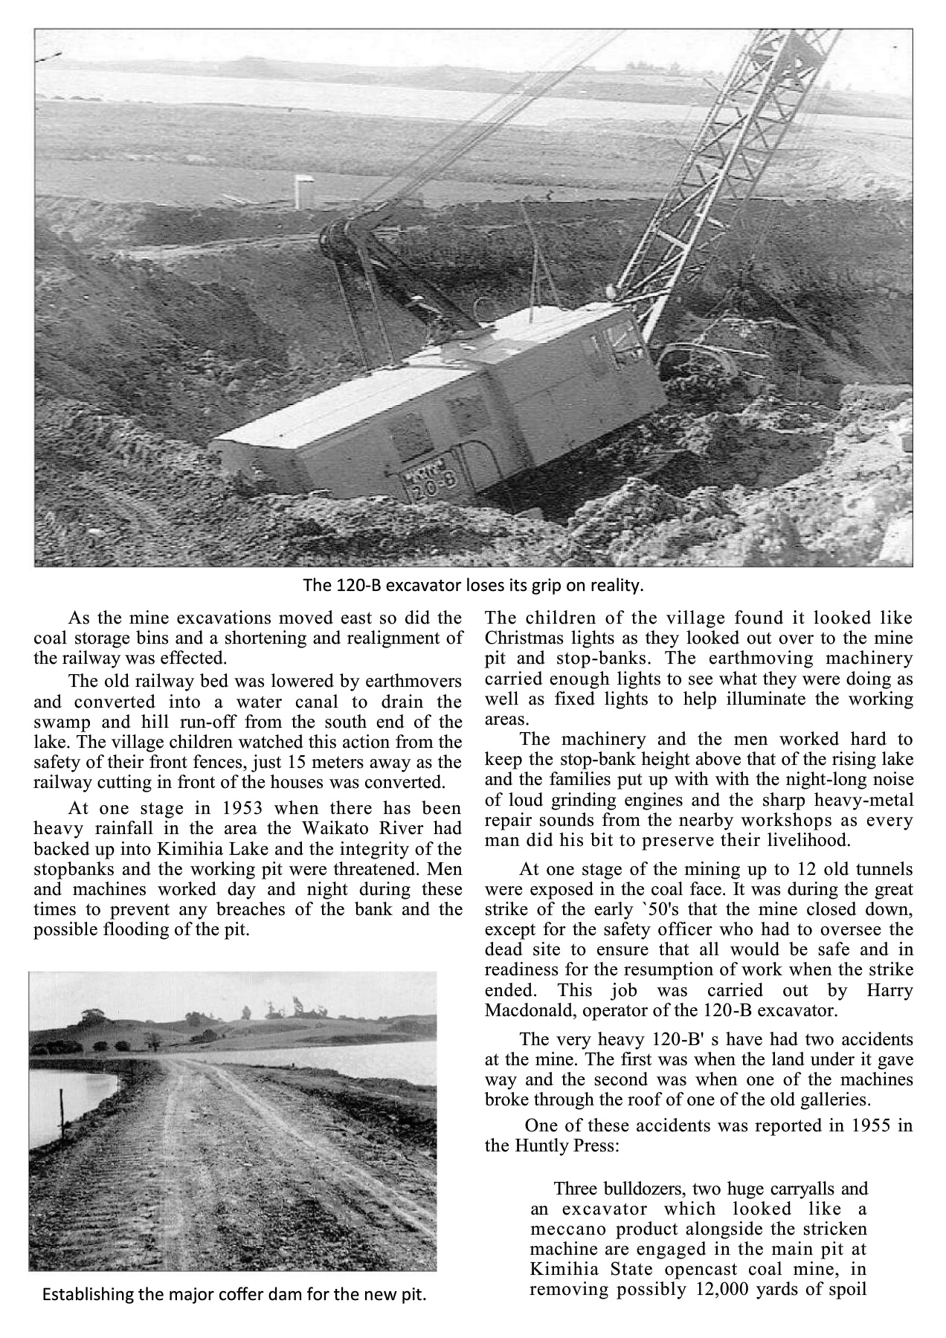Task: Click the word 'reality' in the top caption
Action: (x=615, y=586)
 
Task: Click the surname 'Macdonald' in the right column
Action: (x=522, y=1011)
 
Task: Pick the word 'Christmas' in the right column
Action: (x=521, y=639)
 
